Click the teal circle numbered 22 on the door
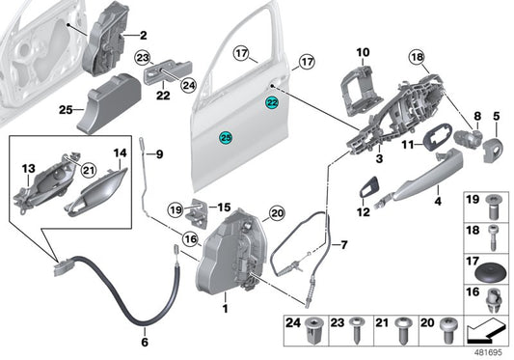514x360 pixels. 273,101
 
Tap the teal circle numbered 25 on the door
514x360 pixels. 225,137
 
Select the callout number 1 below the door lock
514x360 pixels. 226,309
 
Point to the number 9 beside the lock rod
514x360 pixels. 160,153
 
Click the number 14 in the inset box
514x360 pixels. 120,152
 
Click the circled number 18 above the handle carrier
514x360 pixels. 419,58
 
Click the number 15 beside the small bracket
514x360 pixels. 222,207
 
